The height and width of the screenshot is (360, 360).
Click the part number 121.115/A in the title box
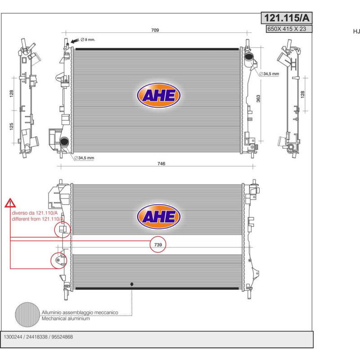pos(287,18)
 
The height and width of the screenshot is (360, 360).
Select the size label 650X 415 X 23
pos(287,29)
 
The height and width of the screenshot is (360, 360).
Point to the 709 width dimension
pos(155,30)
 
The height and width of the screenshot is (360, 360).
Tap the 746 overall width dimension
pos(161,163)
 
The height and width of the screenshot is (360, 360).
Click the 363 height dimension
pos(258,99)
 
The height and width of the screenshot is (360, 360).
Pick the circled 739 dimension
pos(158,245)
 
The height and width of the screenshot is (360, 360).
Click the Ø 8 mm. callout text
pos(88,40)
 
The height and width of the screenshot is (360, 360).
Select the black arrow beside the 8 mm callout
pos(75,41)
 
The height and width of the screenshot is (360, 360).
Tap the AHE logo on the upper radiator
pos(159,95)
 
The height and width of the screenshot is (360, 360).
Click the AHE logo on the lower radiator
pos(159,216)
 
